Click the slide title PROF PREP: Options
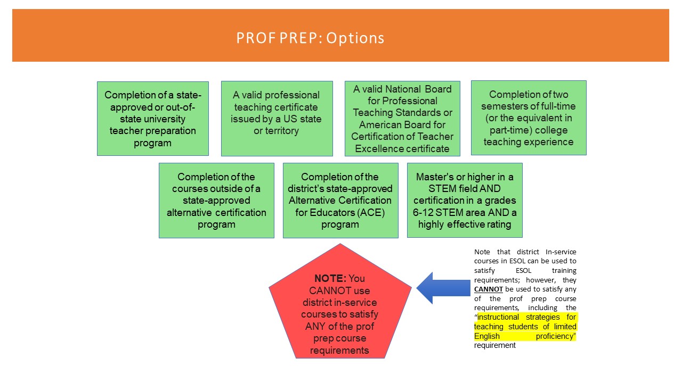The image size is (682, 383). coord(310,38)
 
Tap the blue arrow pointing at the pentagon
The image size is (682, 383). coord(443,288)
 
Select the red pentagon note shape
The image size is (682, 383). coord(340,301)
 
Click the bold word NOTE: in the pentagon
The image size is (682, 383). coord(330,278)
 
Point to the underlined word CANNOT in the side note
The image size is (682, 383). coord(489,289)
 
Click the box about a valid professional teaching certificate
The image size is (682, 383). coord(277,119)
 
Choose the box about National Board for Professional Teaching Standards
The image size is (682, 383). coord(402,119)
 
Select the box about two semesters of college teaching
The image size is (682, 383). coord(529,118)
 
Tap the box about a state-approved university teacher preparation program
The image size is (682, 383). coord(153,119)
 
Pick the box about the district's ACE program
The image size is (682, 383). coord(340,201)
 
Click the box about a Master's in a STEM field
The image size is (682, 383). coord(465,201)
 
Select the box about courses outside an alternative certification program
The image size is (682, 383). coord(216,201)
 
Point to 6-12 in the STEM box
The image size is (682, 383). coord(423,212)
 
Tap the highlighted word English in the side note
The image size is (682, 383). coord(487,336)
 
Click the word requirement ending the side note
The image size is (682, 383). coord(495,345)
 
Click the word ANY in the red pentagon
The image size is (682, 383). coord(315,326)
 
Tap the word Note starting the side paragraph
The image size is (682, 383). coord(482,252)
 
